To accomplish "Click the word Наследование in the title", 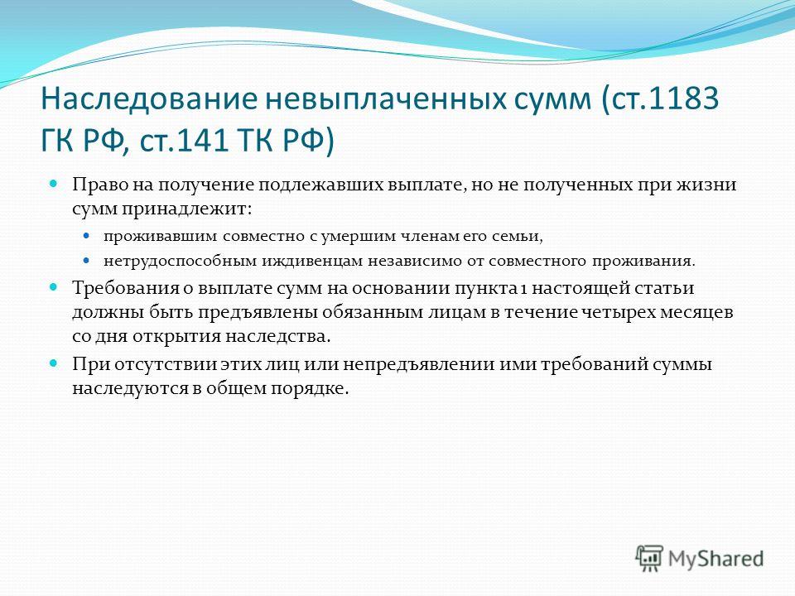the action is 150,98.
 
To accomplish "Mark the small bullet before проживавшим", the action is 85,236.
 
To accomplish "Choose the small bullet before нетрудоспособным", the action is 85,260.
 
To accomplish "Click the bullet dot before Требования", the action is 54,286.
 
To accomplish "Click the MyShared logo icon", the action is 649,559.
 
